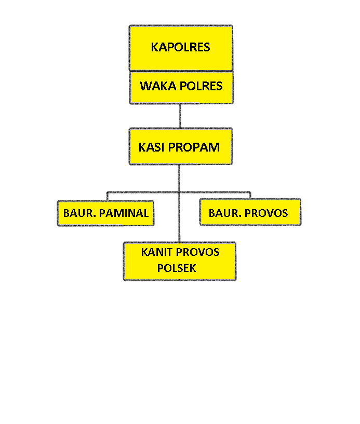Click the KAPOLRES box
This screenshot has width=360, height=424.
(180, 48)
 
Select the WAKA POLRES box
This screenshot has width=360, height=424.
(181, 87)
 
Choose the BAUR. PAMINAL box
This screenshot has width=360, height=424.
(106, 213)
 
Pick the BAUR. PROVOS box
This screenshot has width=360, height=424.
(250, 213)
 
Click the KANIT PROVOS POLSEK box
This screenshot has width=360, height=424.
(180, 261)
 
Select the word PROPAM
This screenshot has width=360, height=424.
(194, 147)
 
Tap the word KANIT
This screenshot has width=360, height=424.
(157, 253)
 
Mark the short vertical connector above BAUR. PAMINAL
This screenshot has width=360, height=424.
(107, 196)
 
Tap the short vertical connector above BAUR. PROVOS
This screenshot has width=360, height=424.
(250, 195)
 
